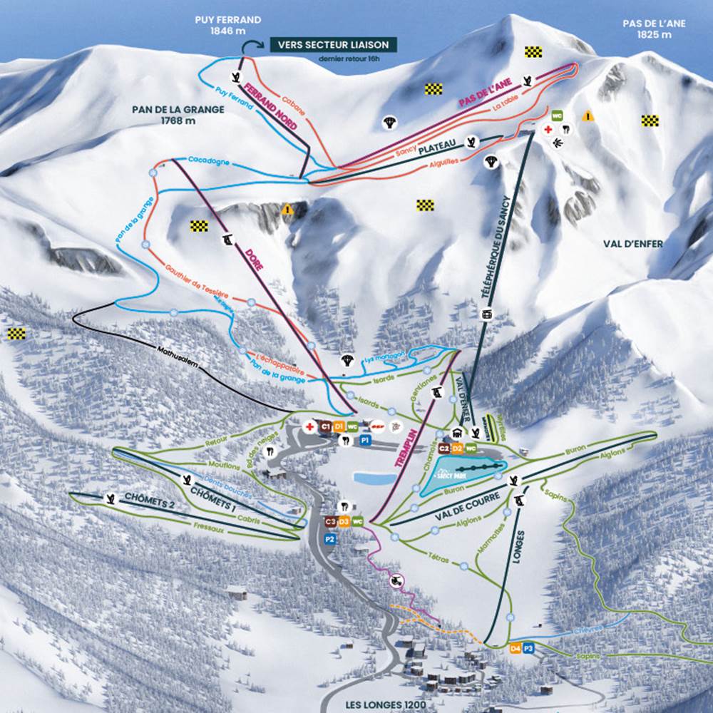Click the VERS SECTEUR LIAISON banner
[333, 45]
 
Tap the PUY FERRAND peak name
[227, 26]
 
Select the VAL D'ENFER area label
[632, 244]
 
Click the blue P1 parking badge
[365, 441]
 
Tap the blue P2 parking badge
[329, 540]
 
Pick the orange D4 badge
[515, 649]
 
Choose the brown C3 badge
[329, 522]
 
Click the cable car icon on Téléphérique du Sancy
[488, 313]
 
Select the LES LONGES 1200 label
[385, 705]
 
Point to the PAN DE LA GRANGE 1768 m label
[178, 115]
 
